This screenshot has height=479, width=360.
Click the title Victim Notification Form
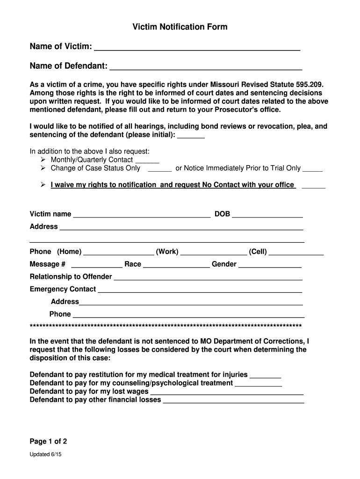pos(180,27)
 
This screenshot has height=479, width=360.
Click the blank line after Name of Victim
pos(197,49)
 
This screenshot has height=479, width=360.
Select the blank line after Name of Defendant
pos(205,68)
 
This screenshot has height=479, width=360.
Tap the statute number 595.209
pos(310,85)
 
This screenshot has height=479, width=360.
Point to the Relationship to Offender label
pos(71,276)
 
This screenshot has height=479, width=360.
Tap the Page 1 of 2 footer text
pos(49,442)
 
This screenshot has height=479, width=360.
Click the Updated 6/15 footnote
pos(45,454)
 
